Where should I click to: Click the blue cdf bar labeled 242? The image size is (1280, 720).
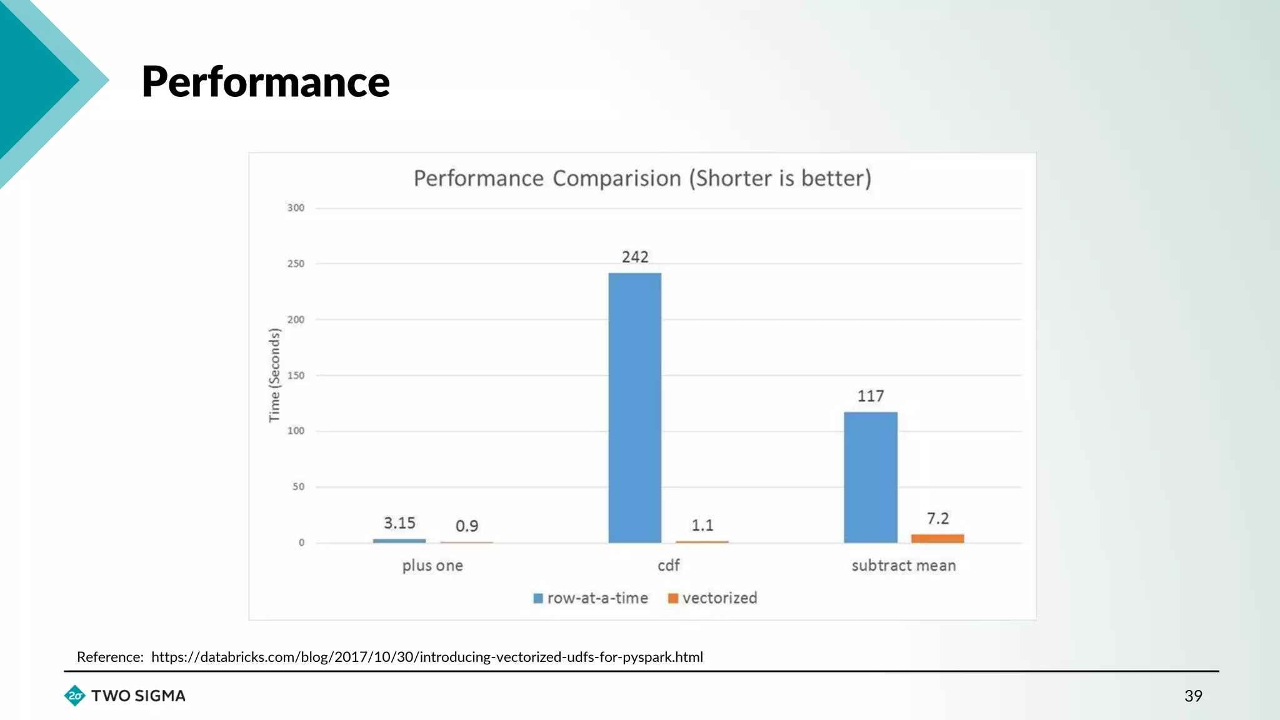click(x=634, y=407)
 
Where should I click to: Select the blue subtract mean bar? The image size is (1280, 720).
click(x=870, y=477)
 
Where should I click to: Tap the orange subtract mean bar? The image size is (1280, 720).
click(x=937, y=538)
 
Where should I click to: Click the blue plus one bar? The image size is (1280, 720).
click(x=399, y=541)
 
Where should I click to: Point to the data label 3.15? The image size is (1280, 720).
click(x=399, y=523)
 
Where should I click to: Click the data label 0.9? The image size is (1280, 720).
click(x=467, y=526)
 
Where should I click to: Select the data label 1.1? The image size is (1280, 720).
click(x=702, y=525)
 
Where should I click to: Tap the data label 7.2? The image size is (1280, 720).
click(x=937, y=518)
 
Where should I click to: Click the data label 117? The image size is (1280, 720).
click(x=870, y=396)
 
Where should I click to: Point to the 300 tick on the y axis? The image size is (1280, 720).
click(x=296, y=207)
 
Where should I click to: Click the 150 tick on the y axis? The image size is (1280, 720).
click(x=296, y=375)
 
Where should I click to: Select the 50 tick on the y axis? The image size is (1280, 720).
click(x=298, y=486)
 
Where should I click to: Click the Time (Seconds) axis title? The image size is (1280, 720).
click(x=274, y=375)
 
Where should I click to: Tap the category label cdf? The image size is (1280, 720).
click(x=668, y=565)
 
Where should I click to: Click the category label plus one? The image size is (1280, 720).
click(x=432, y=565)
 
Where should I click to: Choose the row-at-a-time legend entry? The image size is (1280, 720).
click(x=591, y=598)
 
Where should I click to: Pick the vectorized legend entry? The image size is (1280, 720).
click(x=713, y=598)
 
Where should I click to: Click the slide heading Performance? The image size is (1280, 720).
click(x=266, y=82)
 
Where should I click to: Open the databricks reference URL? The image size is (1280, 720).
click(x=427, y=657)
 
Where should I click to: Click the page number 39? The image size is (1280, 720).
click(x=1192, y=696)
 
